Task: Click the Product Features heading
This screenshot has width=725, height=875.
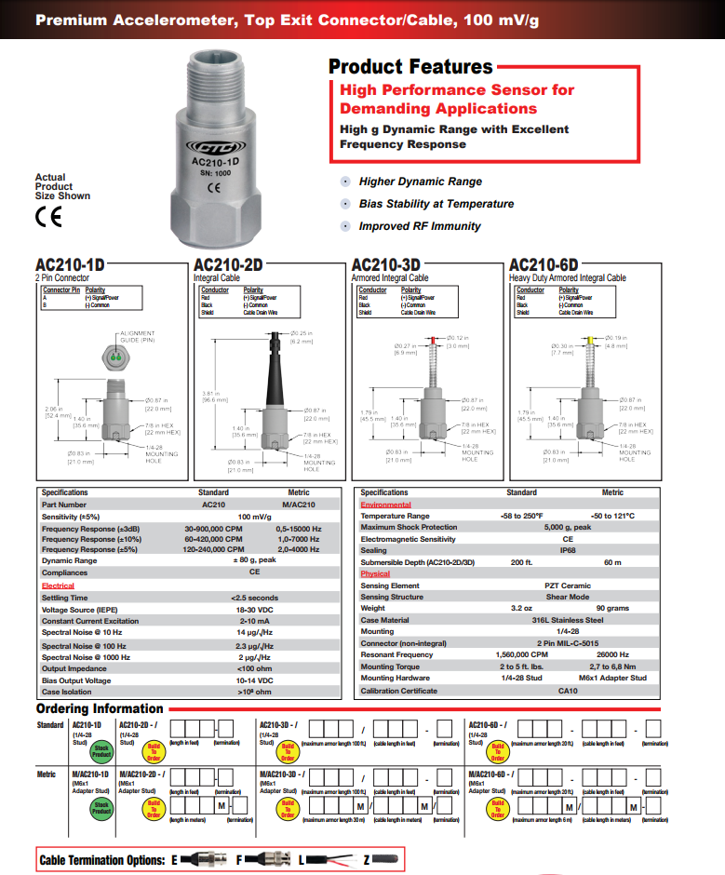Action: pos(410,67)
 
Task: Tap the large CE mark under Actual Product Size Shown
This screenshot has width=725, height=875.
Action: pos(47,218)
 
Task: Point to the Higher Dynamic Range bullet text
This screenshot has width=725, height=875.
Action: pos(420,182)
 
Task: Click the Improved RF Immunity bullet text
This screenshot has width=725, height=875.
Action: pos(420,226)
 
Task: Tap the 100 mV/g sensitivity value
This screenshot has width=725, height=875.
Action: pos(253,516)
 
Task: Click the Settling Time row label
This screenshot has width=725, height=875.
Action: pos(65,598)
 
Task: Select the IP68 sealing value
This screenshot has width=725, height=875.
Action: pos(567,551)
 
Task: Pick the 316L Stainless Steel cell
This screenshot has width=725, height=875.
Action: pos(567,620)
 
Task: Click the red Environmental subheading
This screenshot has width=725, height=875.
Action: pos(385,505)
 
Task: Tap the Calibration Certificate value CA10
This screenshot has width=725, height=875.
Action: pos(567,691)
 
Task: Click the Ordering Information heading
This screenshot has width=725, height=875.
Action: pos(100,709)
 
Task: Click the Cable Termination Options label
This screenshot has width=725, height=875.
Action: pos(102,860)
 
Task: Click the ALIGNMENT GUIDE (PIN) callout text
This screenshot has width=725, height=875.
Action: pos(137,337)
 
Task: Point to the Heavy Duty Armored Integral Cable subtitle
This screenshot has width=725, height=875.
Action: pos(567,277)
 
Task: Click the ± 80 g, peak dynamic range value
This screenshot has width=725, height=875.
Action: pos(253,561)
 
